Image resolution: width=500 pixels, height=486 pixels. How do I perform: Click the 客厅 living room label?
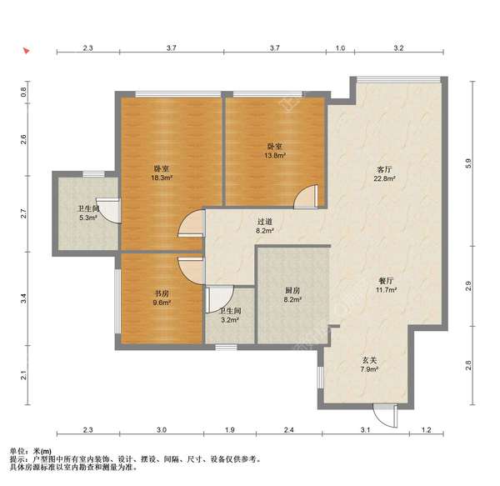[x=384, y=169]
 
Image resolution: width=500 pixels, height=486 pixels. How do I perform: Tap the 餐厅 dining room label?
[x=386, y=281]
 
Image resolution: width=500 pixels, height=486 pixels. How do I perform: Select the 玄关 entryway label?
[x=369, y=360]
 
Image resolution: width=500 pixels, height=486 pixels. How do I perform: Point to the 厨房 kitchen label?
[x=292, y=290]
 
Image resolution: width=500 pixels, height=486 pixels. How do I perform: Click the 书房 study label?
[x=162, y=293]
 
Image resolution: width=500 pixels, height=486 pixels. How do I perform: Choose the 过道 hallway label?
[x=265, y=221]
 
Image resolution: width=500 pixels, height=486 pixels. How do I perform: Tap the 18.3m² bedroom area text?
[x=162, y=178]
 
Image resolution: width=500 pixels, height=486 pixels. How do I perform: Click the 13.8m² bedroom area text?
[x=274, y=156]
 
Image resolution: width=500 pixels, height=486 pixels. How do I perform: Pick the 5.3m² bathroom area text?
[x=88, y=218]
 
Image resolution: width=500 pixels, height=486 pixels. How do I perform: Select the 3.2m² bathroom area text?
[x=230, y=320]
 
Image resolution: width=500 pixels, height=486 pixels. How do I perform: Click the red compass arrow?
[x=26, y=50]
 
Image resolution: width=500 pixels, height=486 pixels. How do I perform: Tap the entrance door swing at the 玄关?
[x=386, y=416]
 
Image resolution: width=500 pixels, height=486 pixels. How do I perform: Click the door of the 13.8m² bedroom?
[x=306, y=196]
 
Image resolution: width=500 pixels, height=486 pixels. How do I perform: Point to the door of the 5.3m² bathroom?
[x=108, y=210]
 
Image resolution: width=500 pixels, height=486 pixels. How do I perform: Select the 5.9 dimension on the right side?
[x=468, y=163]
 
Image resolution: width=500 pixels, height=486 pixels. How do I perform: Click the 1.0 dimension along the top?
[x=340, y=48]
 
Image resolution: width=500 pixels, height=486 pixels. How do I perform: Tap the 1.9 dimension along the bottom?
[x=230, y=430]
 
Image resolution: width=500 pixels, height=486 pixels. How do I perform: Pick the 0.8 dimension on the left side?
[x=23, y=93]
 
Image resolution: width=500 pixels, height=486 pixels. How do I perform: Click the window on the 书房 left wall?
[x=117, y=302]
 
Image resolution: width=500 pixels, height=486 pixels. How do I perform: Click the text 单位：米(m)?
[x=31, y=451]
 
